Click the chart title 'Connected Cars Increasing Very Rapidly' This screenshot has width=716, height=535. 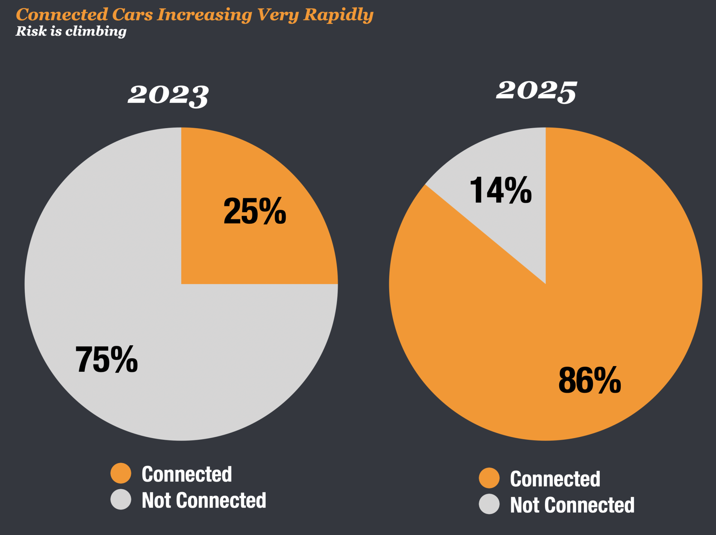[194, 15]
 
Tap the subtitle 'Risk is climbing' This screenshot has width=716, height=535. [71, 31]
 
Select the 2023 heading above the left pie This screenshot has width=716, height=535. [168, 95]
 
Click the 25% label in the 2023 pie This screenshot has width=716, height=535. [255, 211]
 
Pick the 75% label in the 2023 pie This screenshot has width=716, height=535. [107, 359]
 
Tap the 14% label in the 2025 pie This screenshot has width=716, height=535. [500, 190]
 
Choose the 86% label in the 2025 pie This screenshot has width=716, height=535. [590, 380]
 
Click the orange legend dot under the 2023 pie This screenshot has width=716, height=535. [121, 473]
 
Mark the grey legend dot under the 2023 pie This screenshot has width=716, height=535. [121, 499]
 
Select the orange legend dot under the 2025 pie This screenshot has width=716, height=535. [489, 478]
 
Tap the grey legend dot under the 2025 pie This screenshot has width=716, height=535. [489, 504]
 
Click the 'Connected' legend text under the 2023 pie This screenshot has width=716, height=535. [187, 474]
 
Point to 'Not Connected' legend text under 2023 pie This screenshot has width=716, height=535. [204, 500]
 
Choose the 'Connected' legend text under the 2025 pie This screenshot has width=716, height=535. [555, 479]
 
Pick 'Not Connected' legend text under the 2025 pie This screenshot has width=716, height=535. [572, 505]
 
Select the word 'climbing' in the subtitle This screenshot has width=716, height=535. [96, 31]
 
